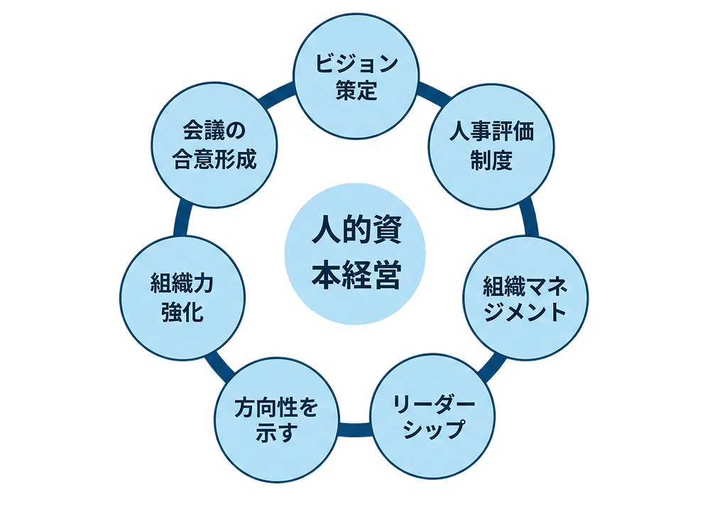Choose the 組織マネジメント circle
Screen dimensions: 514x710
(x=525, y=299)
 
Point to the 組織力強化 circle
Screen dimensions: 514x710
(x=182, y=299)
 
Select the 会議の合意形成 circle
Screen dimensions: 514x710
(x=214, y=146)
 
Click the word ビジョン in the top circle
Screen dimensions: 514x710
(x=356, y=65)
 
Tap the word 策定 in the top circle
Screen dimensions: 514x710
(x=356, y=92)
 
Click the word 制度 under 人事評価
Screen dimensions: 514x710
(x=491, y=161)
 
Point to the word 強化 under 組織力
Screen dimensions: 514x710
(x=182, y=313)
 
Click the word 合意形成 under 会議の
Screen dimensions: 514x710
(x=214, y=159)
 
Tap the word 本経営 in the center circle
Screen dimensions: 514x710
(x=355, y=275)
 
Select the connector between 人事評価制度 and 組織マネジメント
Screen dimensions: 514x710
(x=529, y=222)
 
